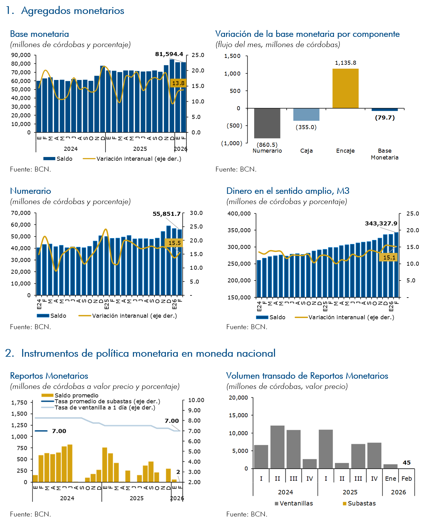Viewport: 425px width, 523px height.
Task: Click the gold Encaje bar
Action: [345, 88]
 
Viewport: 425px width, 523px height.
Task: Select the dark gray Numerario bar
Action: [267, 123]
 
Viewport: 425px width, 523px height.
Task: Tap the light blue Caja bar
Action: [306, 114]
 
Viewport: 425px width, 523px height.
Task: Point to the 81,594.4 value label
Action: [169, 54]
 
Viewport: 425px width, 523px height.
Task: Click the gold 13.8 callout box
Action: [178, 83]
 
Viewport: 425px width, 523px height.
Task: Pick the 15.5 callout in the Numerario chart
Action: [175, 243]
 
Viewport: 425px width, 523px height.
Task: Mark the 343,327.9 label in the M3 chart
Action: [381, 223]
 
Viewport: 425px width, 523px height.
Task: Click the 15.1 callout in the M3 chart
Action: [389, 257]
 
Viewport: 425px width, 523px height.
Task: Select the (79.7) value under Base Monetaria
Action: [385, 118]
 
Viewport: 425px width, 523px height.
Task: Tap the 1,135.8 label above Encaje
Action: [345, 63]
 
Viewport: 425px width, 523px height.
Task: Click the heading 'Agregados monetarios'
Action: [73, 11]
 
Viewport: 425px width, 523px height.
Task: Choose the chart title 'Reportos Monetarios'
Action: [49, 376]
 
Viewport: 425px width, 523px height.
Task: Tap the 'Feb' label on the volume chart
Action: [406, 479]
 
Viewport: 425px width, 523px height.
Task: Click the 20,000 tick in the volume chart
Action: [238, 398]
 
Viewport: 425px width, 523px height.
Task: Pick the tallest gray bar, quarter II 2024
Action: [277, 447]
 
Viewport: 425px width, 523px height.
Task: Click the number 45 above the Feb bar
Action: [406, 463]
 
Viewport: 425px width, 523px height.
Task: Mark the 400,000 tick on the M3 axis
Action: [239, 214]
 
